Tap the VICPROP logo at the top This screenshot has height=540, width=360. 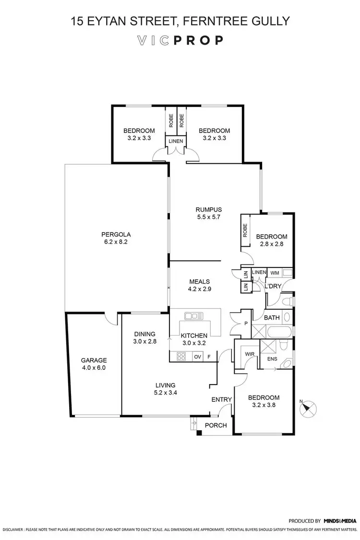[x=180, y=40]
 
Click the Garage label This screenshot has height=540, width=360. [x=93, y=360]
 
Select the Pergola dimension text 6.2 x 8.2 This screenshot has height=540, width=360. [x=116, y=242]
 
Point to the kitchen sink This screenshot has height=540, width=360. [x=194, y=315]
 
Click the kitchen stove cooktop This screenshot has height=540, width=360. [x=182, y=356]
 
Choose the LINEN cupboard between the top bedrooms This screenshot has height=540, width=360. [x=175, y=141]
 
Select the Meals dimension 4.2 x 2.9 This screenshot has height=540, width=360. [x=200, y=289]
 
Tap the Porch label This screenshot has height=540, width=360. [x=216, y=425]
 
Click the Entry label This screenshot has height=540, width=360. [x=221, y=399]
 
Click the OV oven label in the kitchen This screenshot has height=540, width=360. [x=197, y=357]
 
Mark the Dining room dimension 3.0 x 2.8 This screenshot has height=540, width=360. [x=144, y=342]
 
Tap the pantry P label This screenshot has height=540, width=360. [x=246, y=323]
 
